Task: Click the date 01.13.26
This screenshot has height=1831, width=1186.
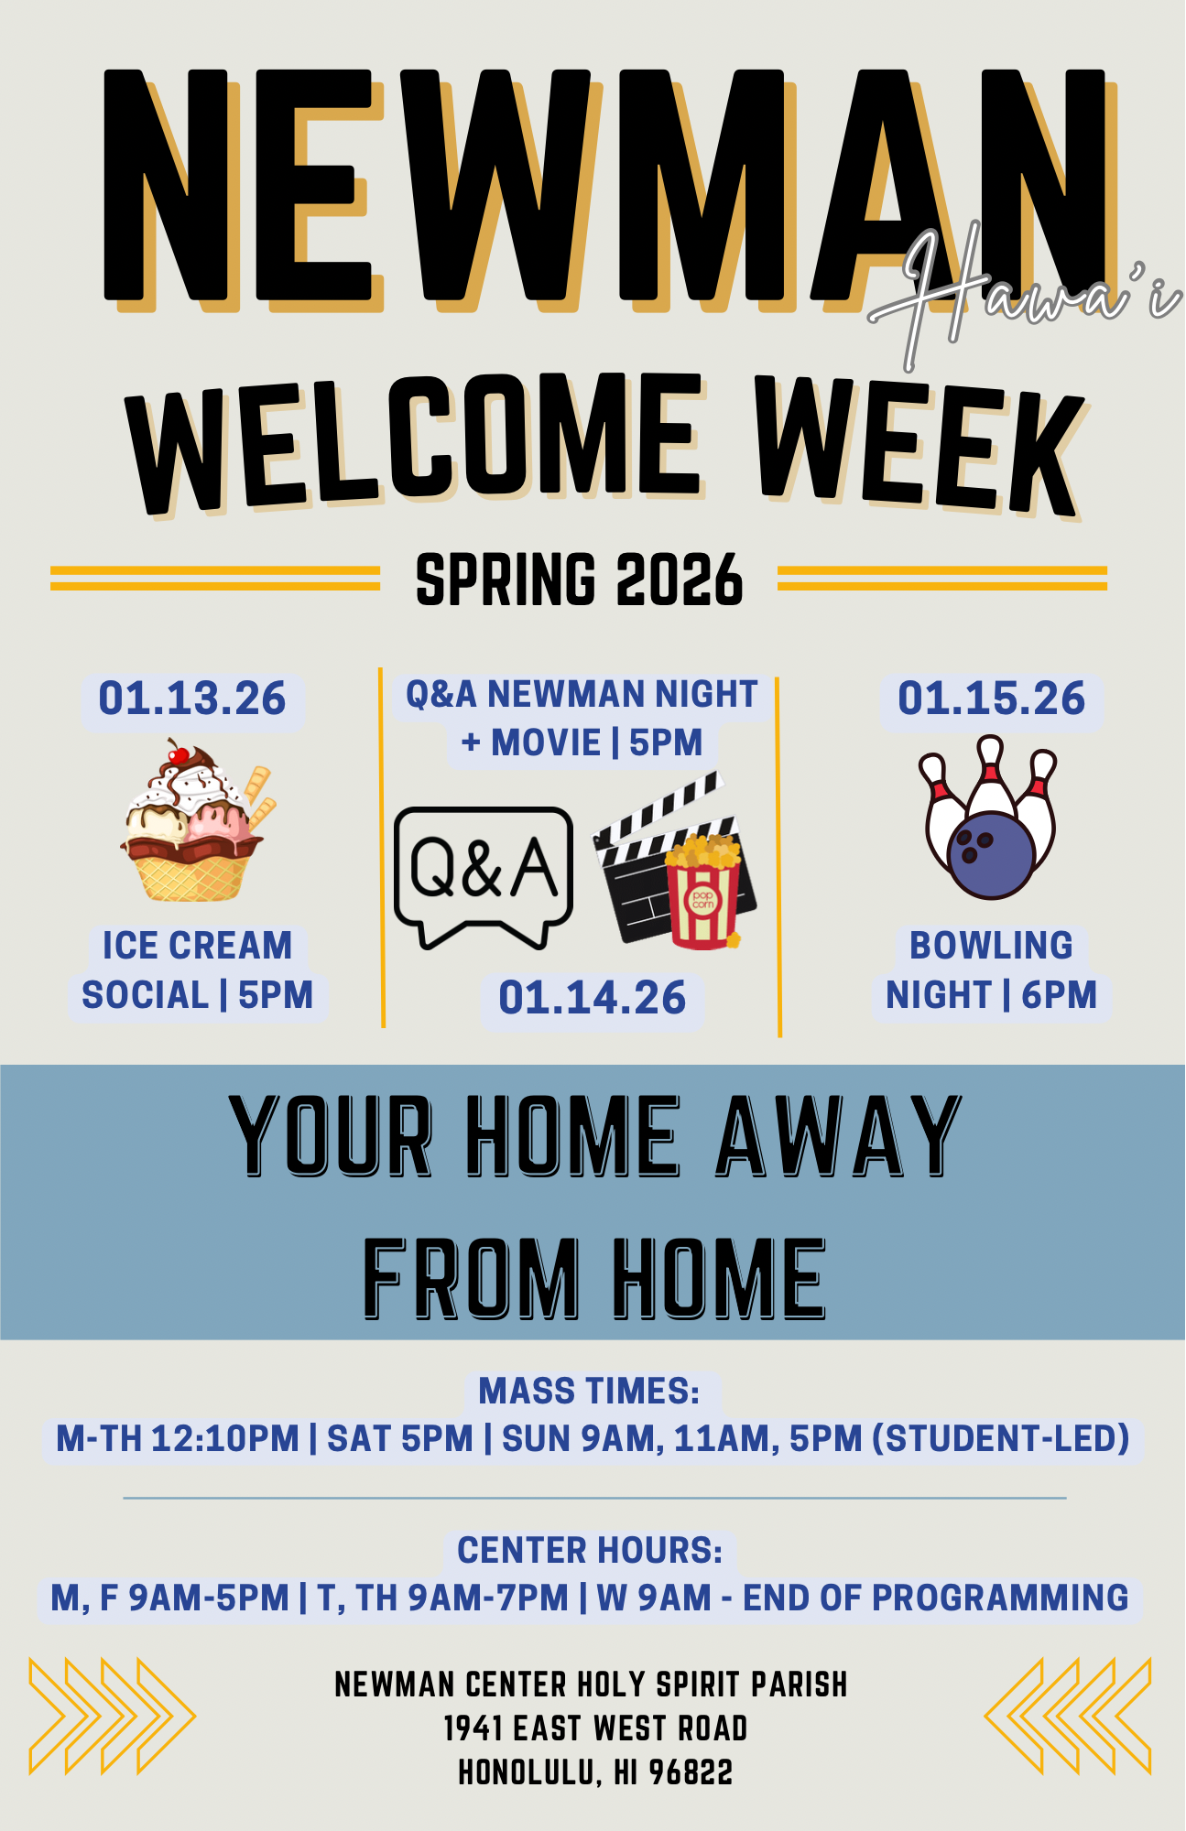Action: point(192,699)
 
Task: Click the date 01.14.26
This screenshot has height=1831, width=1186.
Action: point(593,998)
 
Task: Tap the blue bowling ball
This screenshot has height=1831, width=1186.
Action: point(991,854)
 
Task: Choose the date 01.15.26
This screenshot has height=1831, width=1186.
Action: point(991,699)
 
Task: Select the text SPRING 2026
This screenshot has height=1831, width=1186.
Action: point(579,580)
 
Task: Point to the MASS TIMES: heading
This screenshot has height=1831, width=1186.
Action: point(589,1392)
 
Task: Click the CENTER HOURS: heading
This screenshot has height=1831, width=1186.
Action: point(590,1551)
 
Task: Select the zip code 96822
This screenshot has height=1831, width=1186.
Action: point(691,1773)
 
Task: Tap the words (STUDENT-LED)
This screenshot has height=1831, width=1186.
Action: point(1001,1439)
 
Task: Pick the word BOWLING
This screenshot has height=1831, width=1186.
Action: point(991,946)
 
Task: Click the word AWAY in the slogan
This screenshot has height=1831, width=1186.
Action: point(839,1135)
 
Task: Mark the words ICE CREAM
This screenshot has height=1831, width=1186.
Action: point(197,946)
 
